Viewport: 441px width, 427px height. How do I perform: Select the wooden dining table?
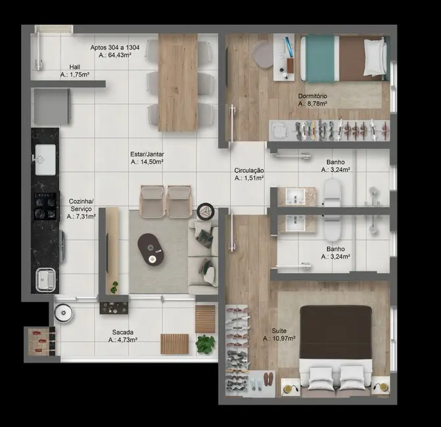(x=177, y=82)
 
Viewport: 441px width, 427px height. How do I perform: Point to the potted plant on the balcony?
(x=205, y=343)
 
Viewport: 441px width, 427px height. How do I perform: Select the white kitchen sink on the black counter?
(x=45, y=158)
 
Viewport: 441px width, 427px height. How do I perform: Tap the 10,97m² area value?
(x=279, y=338)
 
